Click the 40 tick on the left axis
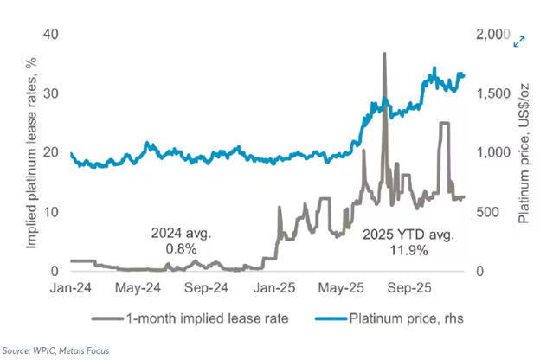point(53,34)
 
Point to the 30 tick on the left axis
point(53,93)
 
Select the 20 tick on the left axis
point(53,152)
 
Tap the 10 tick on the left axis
point(53,212)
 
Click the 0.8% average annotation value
point(181,248)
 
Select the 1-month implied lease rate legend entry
point(193,317)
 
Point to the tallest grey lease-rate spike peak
point(383,54)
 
